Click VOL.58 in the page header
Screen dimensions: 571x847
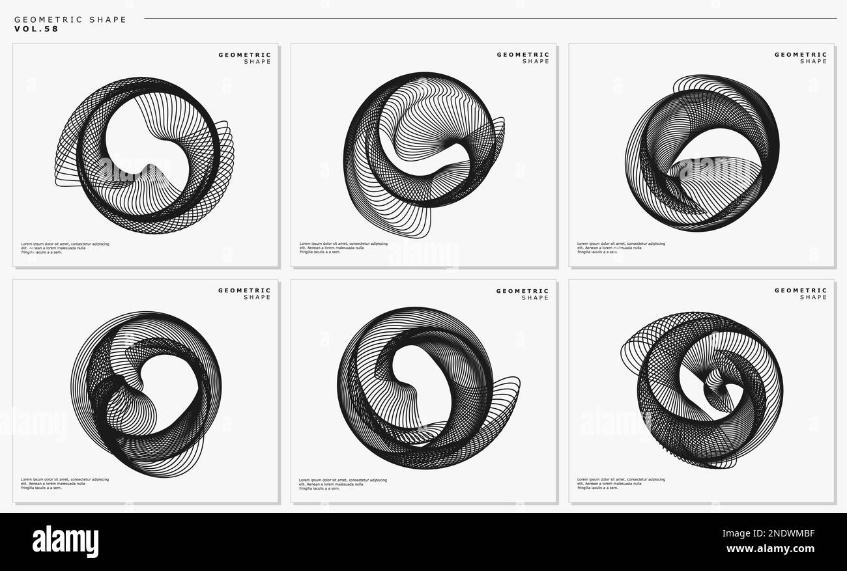[x=36, y=29]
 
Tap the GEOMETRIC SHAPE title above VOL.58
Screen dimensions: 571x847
[x=70, y=20]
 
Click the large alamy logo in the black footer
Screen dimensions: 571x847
[x=65, y=542]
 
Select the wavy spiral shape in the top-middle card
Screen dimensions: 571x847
[x=423, y=153]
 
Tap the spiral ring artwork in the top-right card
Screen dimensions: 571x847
[x=702, y=153]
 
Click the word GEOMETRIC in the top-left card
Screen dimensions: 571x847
[x=244, y=55]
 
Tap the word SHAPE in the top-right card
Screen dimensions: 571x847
[x=813, y=61]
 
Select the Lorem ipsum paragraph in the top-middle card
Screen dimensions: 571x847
[x=343, y=247]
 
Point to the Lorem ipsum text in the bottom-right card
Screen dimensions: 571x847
[x=621, y=483]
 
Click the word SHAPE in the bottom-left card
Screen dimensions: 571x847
[x=257, y=298]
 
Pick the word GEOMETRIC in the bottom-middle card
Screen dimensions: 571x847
[x=523, y=291]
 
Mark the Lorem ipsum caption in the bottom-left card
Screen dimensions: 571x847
[x=65, y=483]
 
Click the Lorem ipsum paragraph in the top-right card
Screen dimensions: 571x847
[x=621, y=247]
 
